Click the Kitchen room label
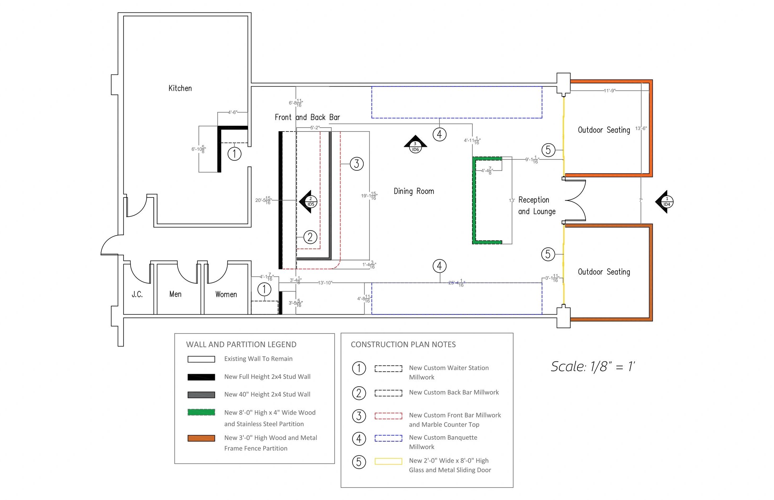click(x=180, y=88)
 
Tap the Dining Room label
click(x=414, y=191)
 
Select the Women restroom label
click(x=226, y=294)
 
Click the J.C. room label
click(x=137, y=294)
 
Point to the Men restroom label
click(x=175, y=294)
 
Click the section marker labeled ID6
click(x=415, y=144)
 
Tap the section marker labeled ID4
click(x=664, y=202)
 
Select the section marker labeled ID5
click(x=308, y=202)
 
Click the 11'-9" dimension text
click(x=609, y=91)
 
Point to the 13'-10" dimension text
click(x=325, y=283)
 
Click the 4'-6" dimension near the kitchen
click(x=233, y=112)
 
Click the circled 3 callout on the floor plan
click(x=356, y=164)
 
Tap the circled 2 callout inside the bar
click(x=310, y=237)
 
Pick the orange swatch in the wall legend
click(x=201, y=438)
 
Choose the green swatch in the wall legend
click(x=201, y=412)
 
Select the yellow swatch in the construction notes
click(x=388, y=461)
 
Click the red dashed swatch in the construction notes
click(x=388, y=416)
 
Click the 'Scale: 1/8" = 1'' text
click(x=593, y=366)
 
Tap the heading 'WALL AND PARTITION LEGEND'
click(x=241, y=344)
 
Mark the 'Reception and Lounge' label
click(x=537, y=206)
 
